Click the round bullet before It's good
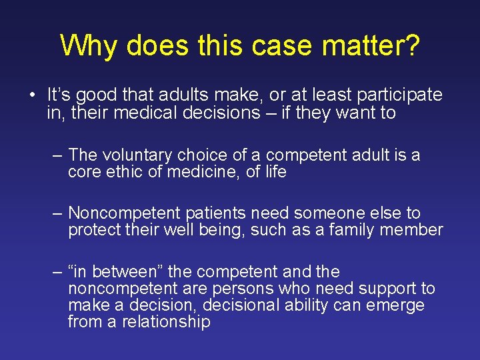pyautogui.click(x=32, y=95)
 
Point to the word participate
pyautogui.click(x=402, y=95)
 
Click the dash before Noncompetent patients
pyautogui.click(x=58, y=213)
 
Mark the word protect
pyautogui.click(x=94, y=231)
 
